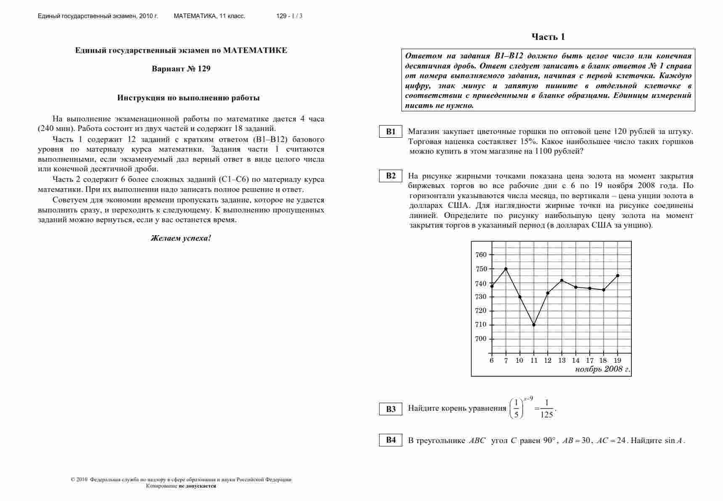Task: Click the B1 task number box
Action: click(x=391, y=131)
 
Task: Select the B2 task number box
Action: click(x=391, y=176)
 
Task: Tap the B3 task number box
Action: click(x=391, y=409)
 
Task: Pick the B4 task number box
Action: click(x=391, y=440)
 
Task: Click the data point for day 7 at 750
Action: click(x=506, y=269)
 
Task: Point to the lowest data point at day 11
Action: click(x=534, y=325)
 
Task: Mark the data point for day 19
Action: click(x=617, y=275)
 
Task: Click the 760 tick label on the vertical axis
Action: click(x=481, y=254)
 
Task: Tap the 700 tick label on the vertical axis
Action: click(x=481, y=339)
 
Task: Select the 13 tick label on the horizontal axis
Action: click(x=562, y=360)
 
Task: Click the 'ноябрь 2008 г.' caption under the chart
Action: click(x=602, y=369)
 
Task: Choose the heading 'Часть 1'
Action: click(x=548, y=37)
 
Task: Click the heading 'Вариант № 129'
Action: click(x=181, y=69)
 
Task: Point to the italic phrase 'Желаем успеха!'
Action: click(x=181, y=238)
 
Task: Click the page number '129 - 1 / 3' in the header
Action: click(x=289, y=16)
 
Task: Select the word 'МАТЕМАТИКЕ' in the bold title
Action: click(x=255, y=50)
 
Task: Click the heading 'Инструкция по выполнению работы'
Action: click(x=188, y=98)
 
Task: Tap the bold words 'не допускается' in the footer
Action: click(x=197, y=486)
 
